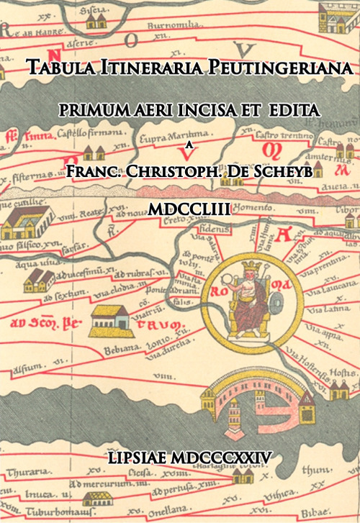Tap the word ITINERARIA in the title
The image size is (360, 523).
[148, 68]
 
